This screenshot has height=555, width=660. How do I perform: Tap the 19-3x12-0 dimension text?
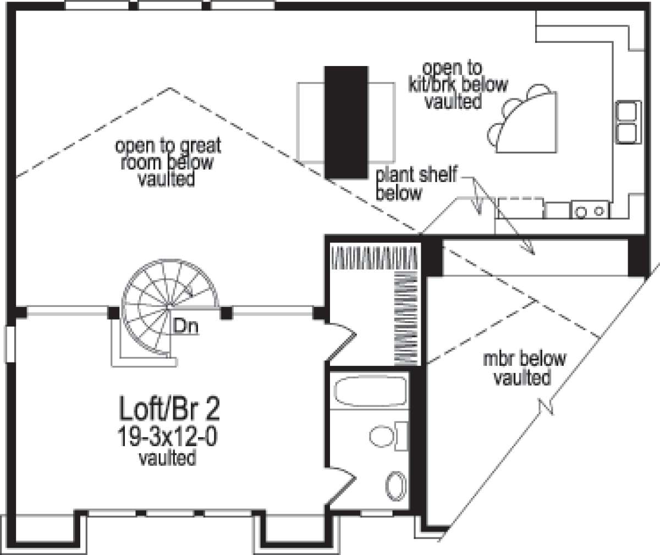168,436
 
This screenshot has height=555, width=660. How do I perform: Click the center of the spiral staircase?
169,306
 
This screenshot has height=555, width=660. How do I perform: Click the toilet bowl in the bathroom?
382,436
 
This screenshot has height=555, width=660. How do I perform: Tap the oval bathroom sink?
396,486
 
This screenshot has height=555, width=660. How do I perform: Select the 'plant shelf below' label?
416,184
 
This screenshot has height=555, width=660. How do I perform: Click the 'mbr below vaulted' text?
524,368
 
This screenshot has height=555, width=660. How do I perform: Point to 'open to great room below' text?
168,154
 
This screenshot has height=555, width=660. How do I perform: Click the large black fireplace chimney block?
346,123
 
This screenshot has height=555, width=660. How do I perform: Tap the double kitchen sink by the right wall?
629,122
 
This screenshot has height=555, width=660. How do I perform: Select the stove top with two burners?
590,210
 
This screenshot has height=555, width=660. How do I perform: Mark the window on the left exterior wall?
10,344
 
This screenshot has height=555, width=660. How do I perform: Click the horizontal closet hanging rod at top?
374,258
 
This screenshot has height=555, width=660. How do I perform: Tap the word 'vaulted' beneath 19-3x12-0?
168,458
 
